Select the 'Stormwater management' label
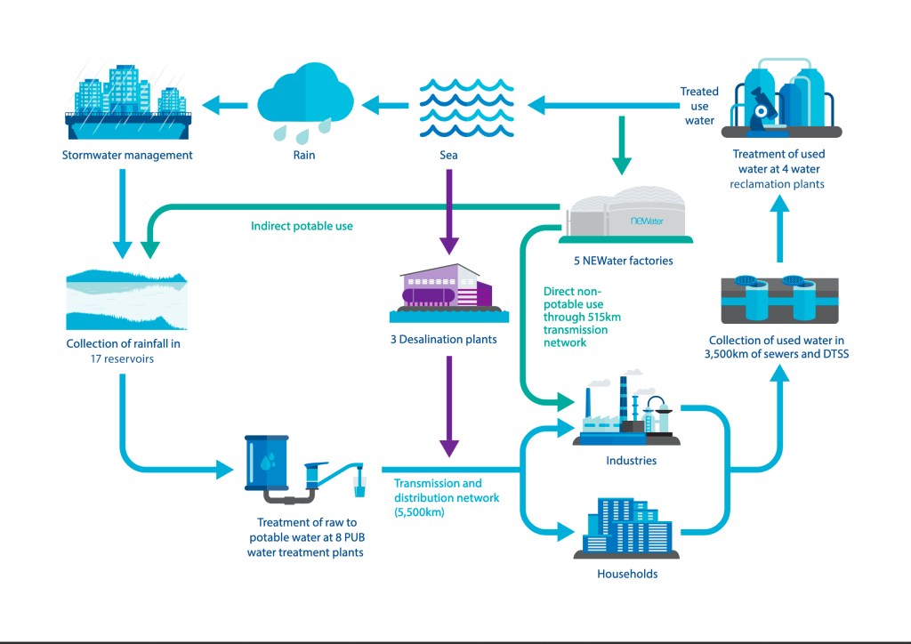[127, 156]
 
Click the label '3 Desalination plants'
[449, 339]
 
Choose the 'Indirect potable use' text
[302, 226]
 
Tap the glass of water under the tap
[359, 487]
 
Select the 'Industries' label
[631, 461]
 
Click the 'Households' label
[627, 574]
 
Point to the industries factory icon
[627, 411]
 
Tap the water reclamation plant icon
[780, 97]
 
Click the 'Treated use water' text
[699, 106]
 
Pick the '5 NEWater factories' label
[624, 261]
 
